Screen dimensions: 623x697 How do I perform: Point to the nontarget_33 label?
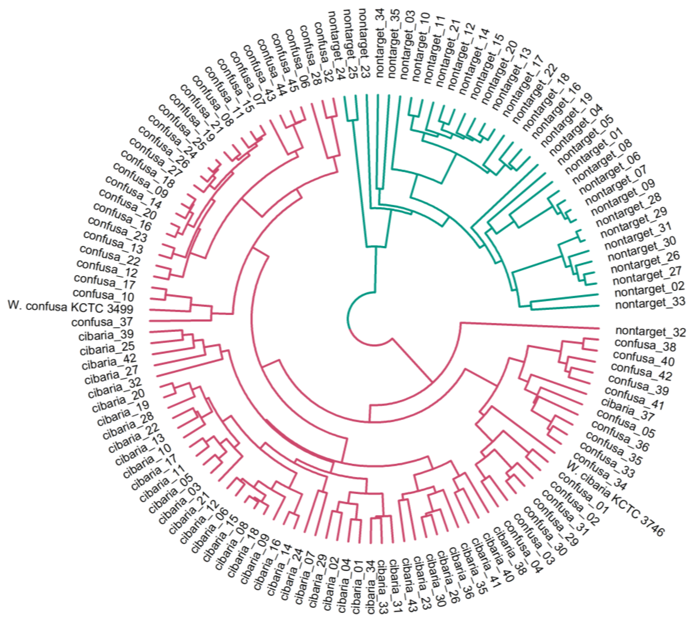coord(650,303)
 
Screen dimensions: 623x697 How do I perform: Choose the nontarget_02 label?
coord(649,289)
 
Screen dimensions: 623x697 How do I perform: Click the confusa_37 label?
coord(102,322)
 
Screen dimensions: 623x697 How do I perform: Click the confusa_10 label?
coord(103,294)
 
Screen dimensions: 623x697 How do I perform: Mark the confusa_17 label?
coord(104,282)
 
